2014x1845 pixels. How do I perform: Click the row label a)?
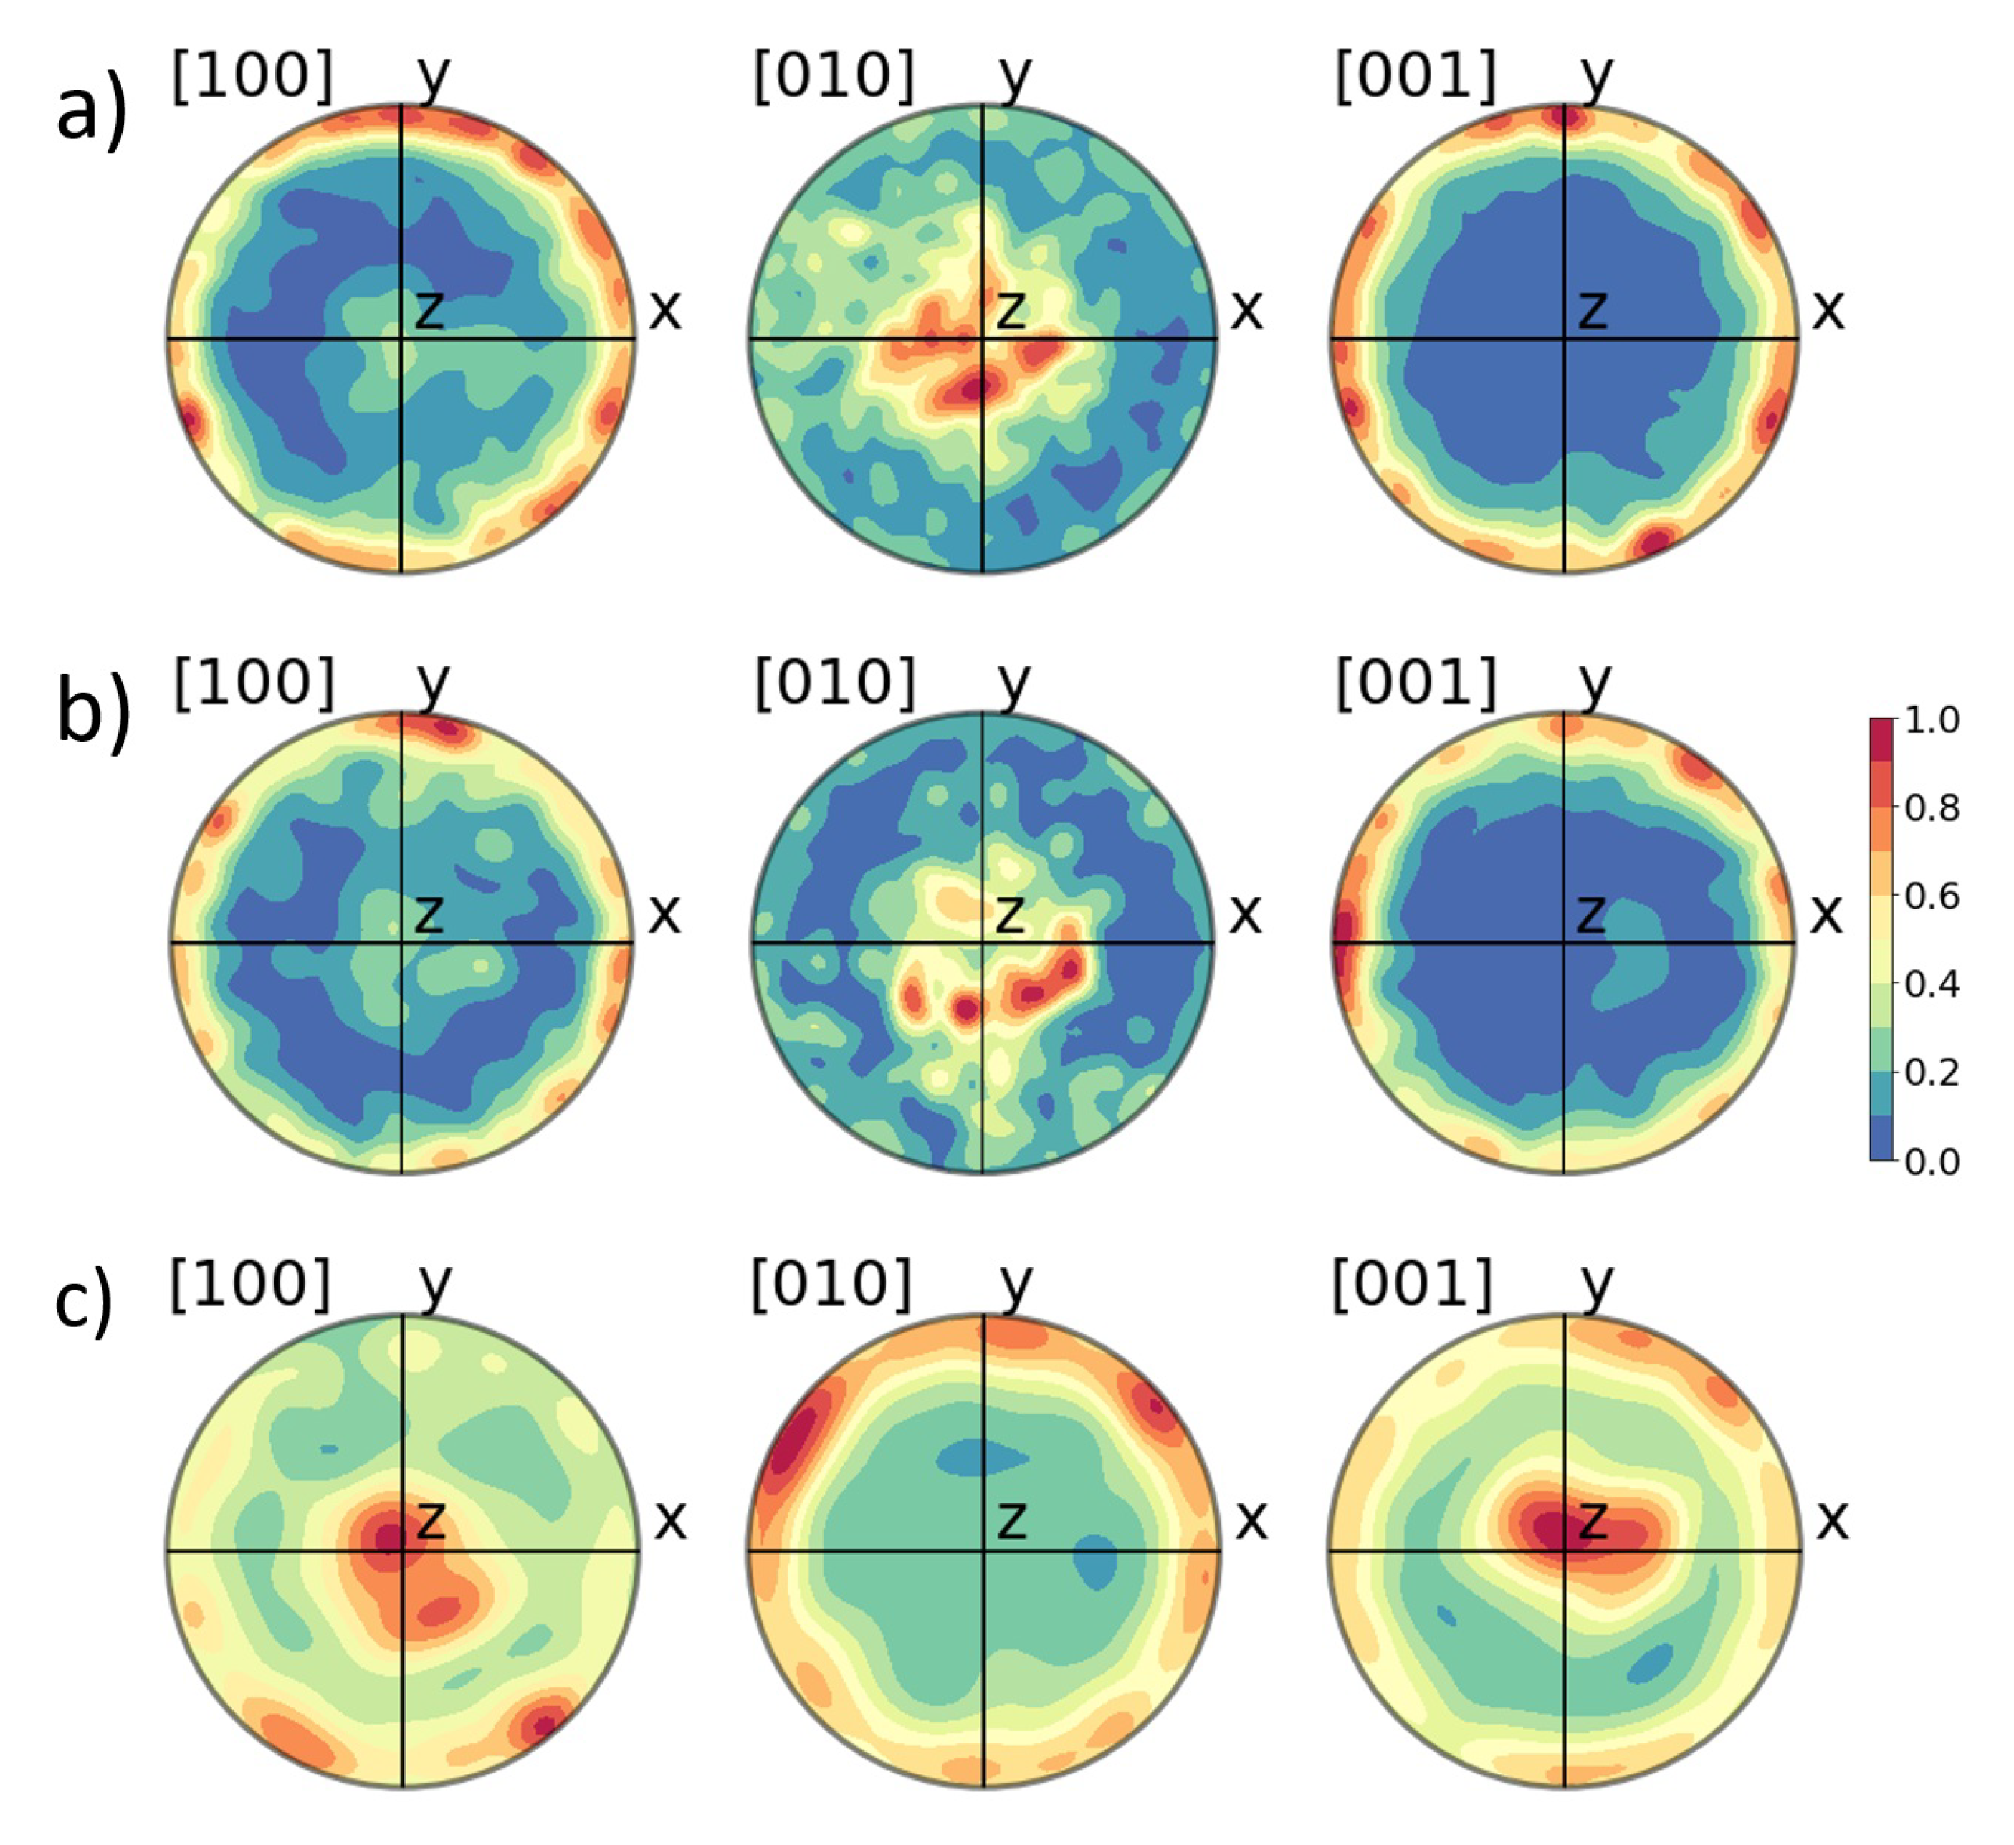pyautogui.click(x=91, y=112)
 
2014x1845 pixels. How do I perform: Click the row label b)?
pyautogui.click(x=93, y=713)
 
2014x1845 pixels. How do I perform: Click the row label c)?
pyautogui.click(x=83, y=1303)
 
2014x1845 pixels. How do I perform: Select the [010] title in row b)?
pyautogui.click(x=835, y=684)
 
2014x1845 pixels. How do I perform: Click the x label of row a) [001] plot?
pyautogui.click(x=1828, y=310)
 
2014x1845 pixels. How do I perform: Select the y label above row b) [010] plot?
pyautogui.click(x=1014, y=681)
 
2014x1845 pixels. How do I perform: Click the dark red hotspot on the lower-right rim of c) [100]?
pyautogui.click(x=543, y=1723)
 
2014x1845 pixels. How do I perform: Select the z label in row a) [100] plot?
pyautogui.click(x=429, y=310)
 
